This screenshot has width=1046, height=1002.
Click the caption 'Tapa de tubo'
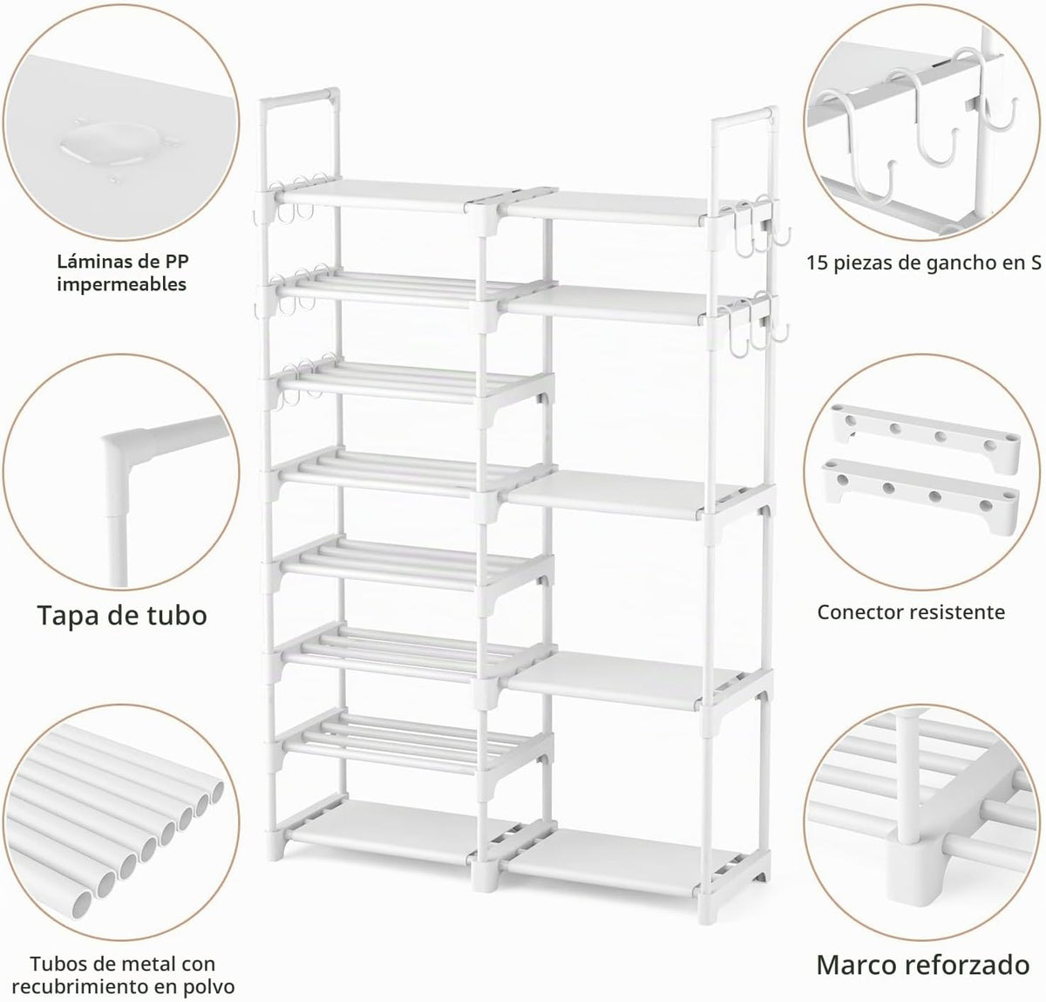coord(122,616)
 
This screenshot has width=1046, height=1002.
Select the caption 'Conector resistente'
coord(911,612)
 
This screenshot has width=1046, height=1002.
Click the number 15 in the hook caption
coord(817,263)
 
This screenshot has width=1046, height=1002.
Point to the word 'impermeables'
coord(121,284)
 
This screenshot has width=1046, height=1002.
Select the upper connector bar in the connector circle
coord(926,439)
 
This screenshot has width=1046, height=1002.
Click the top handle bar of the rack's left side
coord(300,96)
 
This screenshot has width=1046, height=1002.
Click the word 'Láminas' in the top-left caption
coord(89,262)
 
